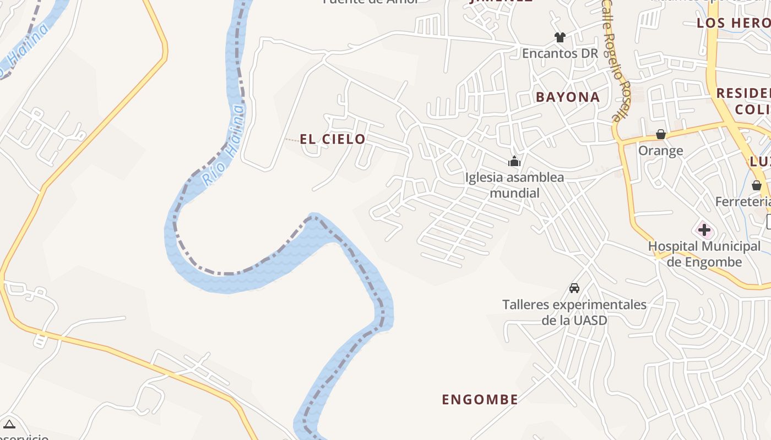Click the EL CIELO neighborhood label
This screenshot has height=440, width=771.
point(333,139)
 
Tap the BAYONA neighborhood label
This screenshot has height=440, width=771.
point(568,97)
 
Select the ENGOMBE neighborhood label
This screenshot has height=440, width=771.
point(480,399)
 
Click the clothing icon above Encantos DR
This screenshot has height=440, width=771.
point(560,37)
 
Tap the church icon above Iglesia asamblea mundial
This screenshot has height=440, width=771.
point(514,161)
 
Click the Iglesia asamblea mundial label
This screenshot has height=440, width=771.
point(514,185)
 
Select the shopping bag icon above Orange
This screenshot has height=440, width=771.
point(661,134)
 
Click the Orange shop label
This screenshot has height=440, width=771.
point(661,151)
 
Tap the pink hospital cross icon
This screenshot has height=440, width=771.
point(704,230)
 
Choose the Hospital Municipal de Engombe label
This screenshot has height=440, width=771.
point(704,254)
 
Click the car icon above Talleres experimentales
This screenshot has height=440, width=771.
point(574,288)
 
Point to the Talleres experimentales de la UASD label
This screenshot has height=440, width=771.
point(574,312)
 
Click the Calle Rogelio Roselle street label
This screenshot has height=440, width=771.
point(615,61)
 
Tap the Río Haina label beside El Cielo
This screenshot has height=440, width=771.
point(222,146)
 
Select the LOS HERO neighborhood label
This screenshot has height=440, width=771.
point(734,23)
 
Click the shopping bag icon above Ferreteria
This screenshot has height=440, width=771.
point(757,185)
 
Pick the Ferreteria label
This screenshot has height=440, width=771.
point(743,202)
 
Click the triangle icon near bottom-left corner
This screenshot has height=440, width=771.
point(9,424)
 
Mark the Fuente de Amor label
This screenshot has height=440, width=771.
point(370,2)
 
